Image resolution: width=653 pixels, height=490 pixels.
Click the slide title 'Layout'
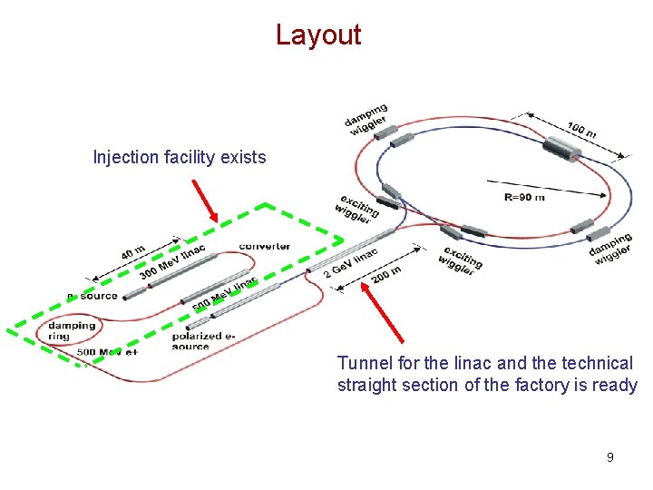point(318,35)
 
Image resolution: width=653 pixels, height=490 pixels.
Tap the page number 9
point(609,457)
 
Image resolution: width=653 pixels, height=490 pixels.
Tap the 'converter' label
point(265,246)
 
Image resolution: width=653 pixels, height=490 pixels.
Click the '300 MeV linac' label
point(172,261)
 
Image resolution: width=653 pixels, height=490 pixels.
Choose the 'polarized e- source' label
point(202,340)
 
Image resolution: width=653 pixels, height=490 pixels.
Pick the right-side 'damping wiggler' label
point(610,249)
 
